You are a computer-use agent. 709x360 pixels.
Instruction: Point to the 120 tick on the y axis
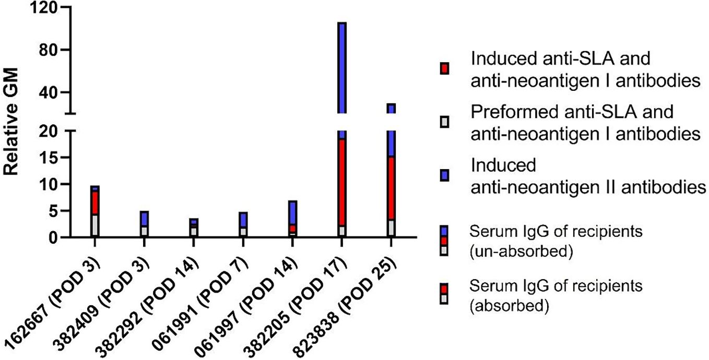pos(46,8)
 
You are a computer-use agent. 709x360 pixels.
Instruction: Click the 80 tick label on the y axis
pos(52,50)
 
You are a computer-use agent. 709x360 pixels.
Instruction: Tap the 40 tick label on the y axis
pos(52,92)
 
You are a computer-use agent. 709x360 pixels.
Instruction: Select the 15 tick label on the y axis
pos(52,158)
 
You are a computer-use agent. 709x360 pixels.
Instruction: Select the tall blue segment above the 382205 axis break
pos(342,68)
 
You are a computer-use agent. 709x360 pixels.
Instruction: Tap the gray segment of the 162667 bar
pos(94,226)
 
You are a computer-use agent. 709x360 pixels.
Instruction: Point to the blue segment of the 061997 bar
pos(293,213)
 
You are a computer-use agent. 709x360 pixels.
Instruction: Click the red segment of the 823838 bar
pos(391,188)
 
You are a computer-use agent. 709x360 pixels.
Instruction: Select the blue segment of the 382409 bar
pos(144,219)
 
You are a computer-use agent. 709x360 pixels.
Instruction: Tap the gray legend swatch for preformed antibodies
pos(444,123)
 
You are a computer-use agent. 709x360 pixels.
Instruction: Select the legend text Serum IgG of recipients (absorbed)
pos(556,295)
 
